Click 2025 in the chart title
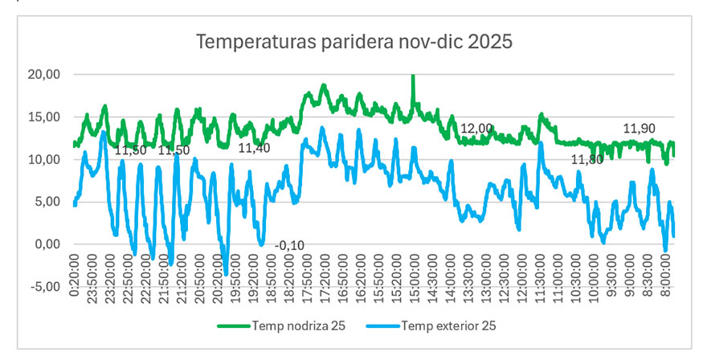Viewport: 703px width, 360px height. point(490,41)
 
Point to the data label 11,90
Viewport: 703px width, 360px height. point(640,129)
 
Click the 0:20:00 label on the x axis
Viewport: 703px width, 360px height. point(75,276)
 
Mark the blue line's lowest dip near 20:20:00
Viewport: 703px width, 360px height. point(227,273)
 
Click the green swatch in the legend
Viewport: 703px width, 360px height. point(234,325)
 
